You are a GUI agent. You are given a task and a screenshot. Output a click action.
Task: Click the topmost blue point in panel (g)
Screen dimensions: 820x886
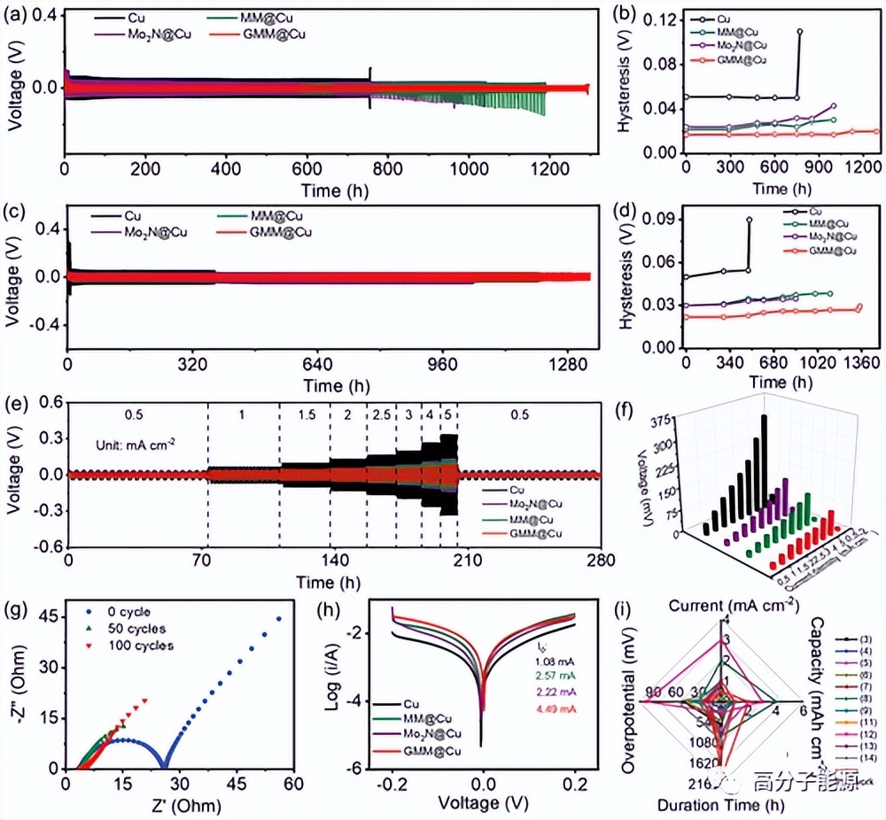pos(279,619)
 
